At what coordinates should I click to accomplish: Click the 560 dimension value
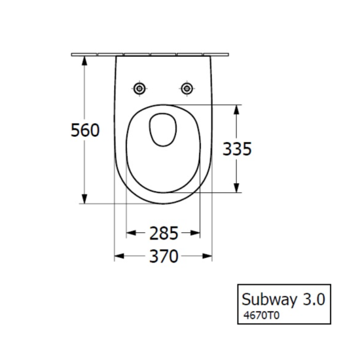coord(85,131)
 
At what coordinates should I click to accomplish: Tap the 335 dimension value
coord(237,149)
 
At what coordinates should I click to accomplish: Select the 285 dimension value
coord(163,232)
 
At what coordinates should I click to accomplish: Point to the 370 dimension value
coord(163,257)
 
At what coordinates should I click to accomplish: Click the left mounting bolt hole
coord(139,88)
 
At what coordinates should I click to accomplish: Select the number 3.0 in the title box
coord(313,299)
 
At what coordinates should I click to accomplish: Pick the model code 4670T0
coord(261,315)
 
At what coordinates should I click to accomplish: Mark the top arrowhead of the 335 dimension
coord(237,109)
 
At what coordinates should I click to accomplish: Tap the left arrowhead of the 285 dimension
coord(130,232)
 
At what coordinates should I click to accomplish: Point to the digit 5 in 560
coord(76,131)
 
